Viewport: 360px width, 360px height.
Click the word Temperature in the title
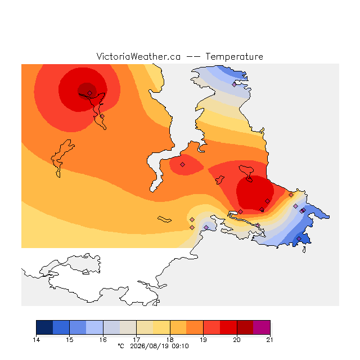pyautogui.click(x=234, y=57)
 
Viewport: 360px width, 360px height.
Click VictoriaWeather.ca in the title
pyautogui.click(x=138, y=57)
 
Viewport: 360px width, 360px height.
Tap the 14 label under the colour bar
pyautogui.click(x=36, y=340)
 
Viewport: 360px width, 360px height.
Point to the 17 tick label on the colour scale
pyautogui.click(x=136, y=340)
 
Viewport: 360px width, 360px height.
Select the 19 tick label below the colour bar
pyautogui.click(x=203, y=340)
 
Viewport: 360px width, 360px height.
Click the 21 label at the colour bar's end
pyautogui.click(x=270, y=340)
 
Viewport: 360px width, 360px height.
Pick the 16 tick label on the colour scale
pyautogui.click(x=103, y=340)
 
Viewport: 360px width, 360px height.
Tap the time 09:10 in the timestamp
pyautogui.click(x=180, y=346)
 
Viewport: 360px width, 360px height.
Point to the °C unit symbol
pyautogui.click(x=121, y=346)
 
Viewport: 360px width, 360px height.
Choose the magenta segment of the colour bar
pyautogui.click(x=262, y=327)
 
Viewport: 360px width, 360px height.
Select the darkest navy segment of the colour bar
pyautogui.click(x=44, y=327)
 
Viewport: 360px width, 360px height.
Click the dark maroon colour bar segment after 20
pyautogui.click(x=245, y=327)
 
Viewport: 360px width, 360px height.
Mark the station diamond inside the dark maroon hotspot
pyautogui.click(x=90, y=93)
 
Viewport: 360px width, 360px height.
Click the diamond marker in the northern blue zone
pyautogui.click(x=234, y=85)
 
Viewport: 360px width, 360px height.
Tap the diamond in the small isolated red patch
pyautogui.click(x=182, y=164)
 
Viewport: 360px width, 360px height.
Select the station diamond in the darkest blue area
pyautogui.click(x=299, y=238)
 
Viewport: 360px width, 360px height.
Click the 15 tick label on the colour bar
pyautogui.click(x=70, y=340)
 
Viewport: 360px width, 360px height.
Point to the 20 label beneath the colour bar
pyautogui.click(x=237, y=340)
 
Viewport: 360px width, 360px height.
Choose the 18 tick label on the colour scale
pyautogui.click(x=170, y=340)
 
